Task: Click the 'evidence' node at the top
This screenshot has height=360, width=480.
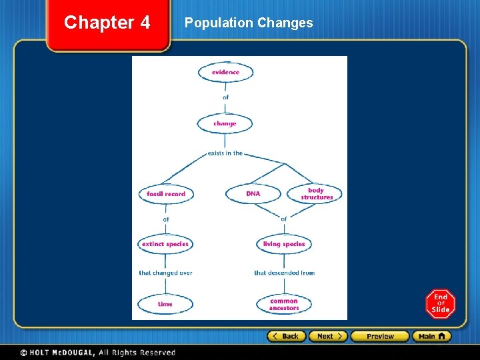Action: tap(225, 72)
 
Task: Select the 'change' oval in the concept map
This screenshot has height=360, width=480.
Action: tap(225, 123)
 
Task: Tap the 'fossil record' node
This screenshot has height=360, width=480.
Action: tap(166, 194)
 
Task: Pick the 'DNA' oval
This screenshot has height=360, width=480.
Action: tap(253, 194)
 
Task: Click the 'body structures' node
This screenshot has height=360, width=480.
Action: tap(316, 194)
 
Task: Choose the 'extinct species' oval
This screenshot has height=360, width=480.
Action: tap(165, 244)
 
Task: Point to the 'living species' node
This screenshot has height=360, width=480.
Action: tap(284, 244)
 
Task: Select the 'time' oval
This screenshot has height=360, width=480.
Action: tap(165, 304)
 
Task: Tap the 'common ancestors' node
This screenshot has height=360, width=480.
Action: tap(284, 304)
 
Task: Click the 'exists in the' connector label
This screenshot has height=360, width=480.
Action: tap(225, 153)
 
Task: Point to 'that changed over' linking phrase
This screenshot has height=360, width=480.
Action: tap(165, 273)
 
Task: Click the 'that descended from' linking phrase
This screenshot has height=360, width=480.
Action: tap(284, 273)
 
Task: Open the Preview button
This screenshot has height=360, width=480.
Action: tap(379, 336)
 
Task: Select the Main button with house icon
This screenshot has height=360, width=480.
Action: tap(431, 336)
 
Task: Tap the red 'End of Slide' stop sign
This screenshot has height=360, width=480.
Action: tap(441, 304)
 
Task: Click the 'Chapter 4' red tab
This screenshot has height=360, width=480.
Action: tap(107, 23)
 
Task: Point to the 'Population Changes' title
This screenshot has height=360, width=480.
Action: tap(249, 23)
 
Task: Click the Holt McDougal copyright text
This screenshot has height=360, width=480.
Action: tap(97, 352)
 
